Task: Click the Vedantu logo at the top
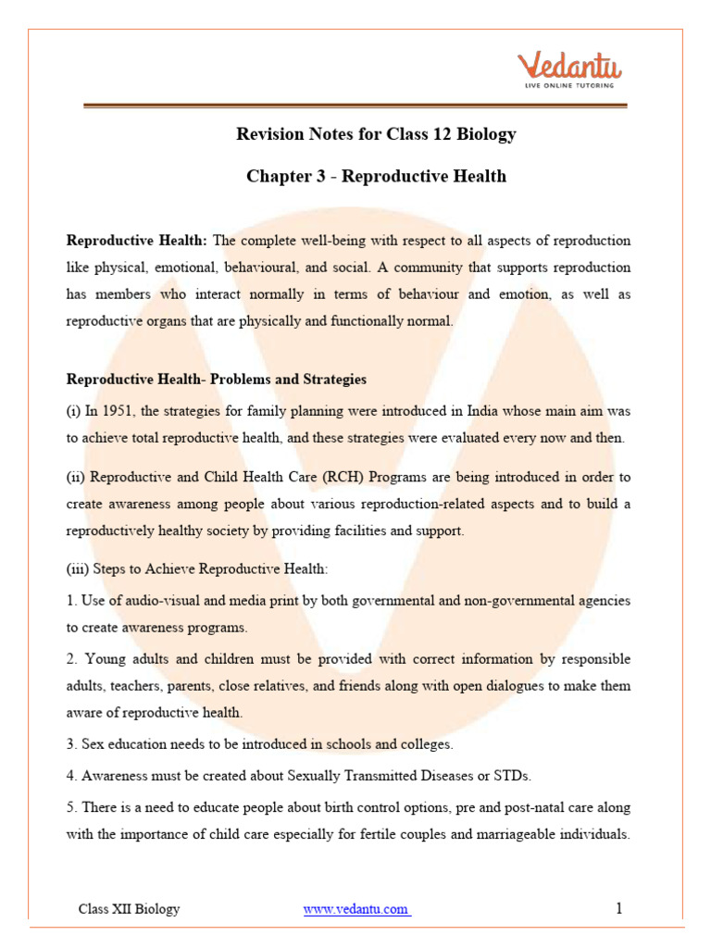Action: coord(569,67)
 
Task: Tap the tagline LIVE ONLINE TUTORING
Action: coord(569,86)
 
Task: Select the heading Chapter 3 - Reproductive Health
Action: coord(376,176)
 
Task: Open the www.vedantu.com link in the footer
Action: coord(356,909)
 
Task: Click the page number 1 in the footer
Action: coord(619,909)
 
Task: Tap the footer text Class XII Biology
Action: coord(130,909)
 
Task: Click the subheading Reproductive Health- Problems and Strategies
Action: coord(217,380)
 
